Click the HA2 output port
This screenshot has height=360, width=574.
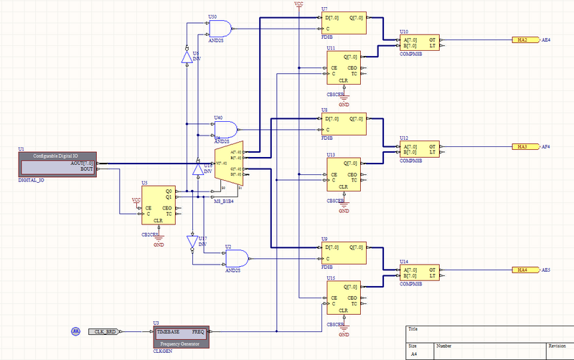pos(522,40)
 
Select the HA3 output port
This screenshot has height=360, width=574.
pos(522,146)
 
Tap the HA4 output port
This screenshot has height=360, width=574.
pos(522,270)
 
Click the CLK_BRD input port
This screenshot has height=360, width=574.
pos(105,332)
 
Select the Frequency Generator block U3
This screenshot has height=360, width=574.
pos(181,335)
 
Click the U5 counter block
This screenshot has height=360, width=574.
pos(159,204)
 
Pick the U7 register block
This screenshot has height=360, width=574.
pos(344,23)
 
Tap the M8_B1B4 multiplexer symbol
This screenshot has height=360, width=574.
pos(234,166)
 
